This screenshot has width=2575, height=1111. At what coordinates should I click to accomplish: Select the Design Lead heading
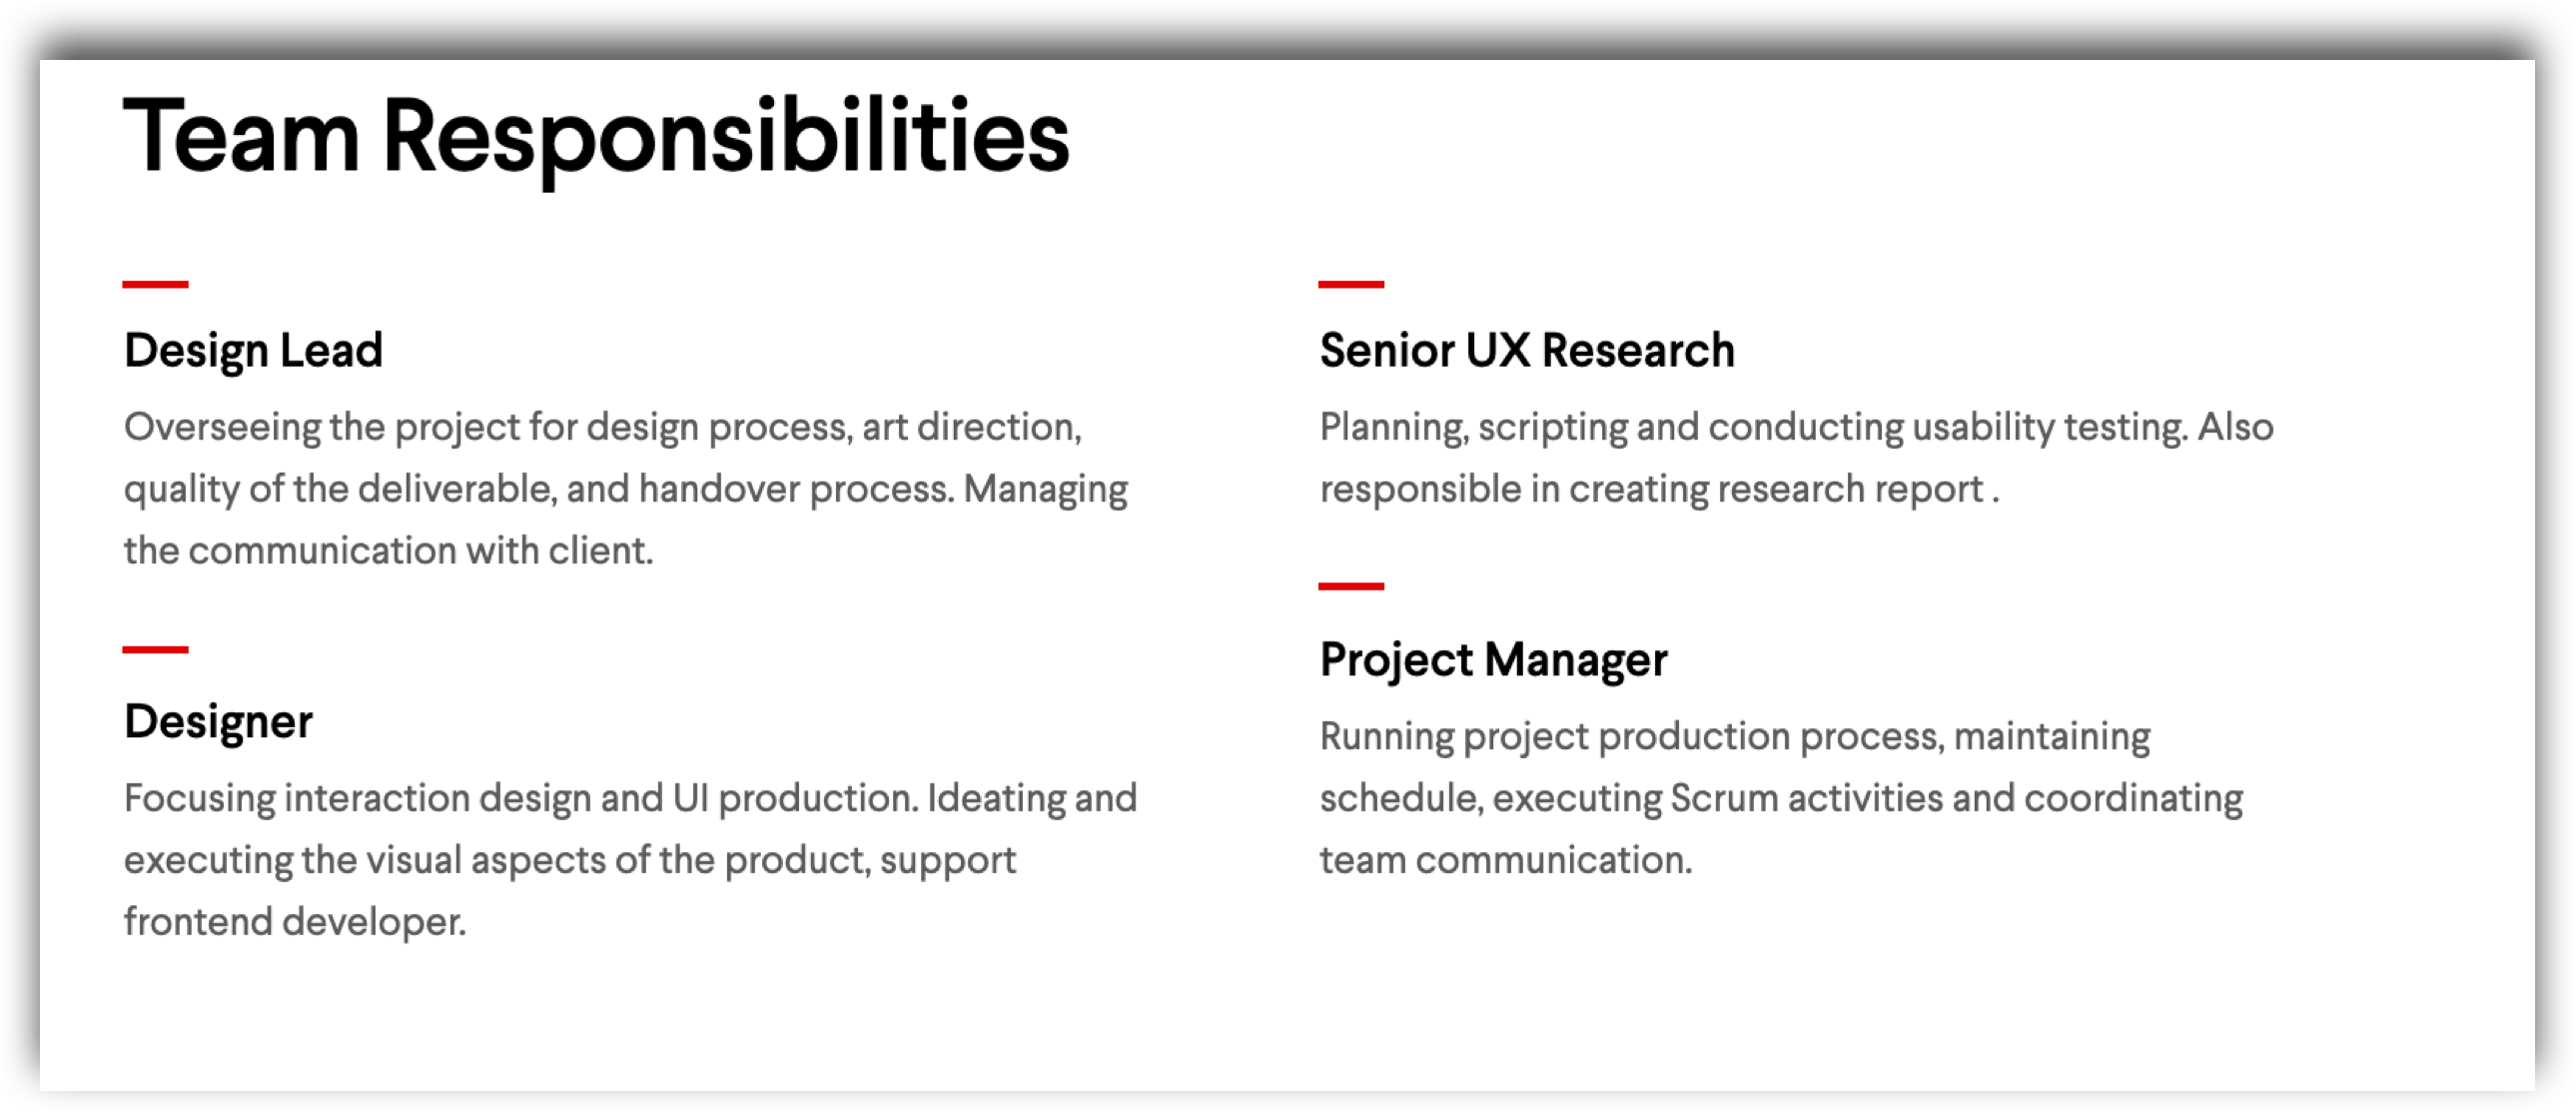pyautogui.click(x=253, y=351)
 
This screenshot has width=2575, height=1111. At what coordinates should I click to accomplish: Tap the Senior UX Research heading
pyautogui.click(x=1526, y=350)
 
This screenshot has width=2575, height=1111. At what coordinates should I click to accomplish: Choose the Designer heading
pyautogui.click(x=218, y=722)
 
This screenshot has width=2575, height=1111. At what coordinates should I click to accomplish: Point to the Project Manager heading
pyautogui.click(x=1493, y=660)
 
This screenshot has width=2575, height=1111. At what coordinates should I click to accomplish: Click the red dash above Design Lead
pyautogui.click(x=155, y=284)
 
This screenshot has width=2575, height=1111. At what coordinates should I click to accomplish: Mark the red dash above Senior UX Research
pyautogui.click(x=1350, y=284)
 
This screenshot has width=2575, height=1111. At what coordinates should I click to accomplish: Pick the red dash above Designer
pyautogui.click(x=155, y=649)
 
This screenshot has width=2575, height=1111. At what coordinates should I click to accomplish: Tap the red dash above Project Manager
pyautogui.click(x=1350, y=586)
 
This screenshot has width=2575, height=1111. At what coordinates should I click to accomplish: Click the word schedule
pyautogui.click(x=1400, y=799)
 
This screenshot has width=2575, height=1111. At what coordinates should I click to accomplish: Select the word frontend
pyautogui.click(x=198, y=922)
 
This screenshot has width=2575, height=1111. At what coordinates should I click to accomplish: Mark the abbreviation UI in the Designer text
pyautogui.click(x=691, y=799)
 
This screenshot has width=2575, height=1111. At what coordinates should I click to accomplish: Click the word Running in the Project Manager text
pyautogui.click(x=1387, y=737)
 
